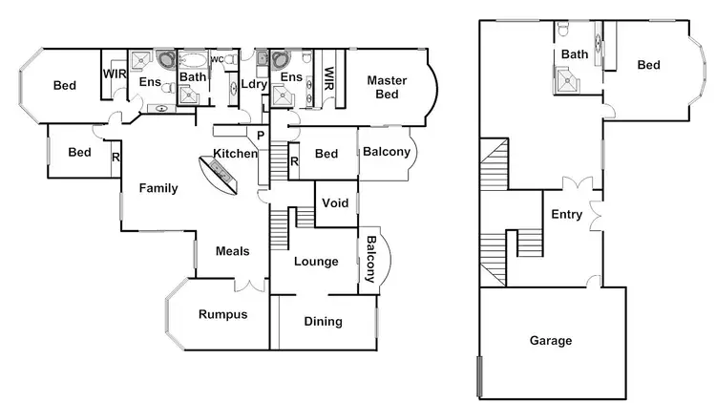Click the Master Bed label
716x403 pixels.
coord(389,87)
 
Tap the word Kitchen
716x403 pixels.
coord(235,154)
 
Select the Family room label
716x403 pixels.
coord(158,188)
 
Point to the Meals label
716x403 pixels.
coord(232,251)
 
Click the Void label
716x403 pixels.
coord(335,203)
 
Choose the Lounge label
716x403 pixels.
coord(316,261)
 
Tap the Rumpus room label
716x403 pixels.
coord(222,314)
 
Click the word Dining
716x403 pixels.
coord(323,321)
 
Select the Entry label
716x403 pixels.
coord(566,215)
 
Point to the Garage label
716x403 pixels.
coord(551,340)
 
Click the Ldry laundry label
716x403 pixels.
coord(254,84)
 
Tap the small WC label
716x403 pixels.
coord(217,60)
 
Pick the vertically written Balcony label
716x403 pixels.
coord(369,260)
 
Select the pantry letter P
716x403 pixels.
coord(260,136)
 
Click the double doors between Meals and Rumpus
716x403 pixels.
coord(250,286)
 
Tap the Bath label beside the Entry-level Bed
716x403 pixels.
coord(574,54)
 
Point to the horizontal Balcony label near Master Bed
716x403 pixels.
coord(387,152)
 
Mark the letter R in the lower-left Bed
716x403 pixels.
coord(116,157)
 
